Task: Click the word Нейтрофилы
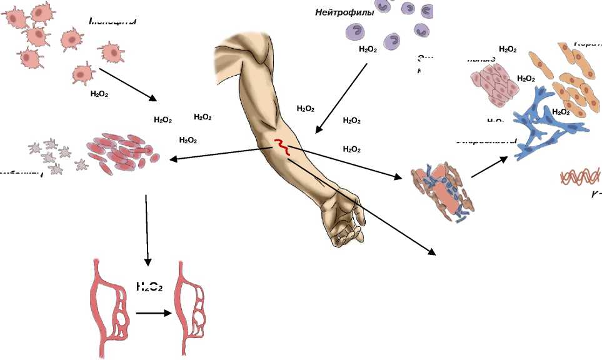coord(344,12)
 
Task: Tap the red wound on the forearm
coord(282,147)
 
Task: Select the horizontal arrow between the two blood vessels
coord(154,312)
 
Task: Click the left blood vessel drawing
coord(111,307)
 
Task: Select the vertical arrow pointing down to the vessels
coord(147,229)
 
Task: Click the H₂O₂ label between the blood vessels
coord(149,287)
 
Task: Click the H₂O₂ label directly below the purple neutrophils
coord(368,49)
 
